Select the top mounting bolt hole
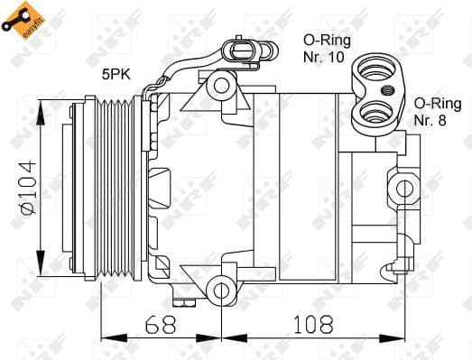pos(219,87)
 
